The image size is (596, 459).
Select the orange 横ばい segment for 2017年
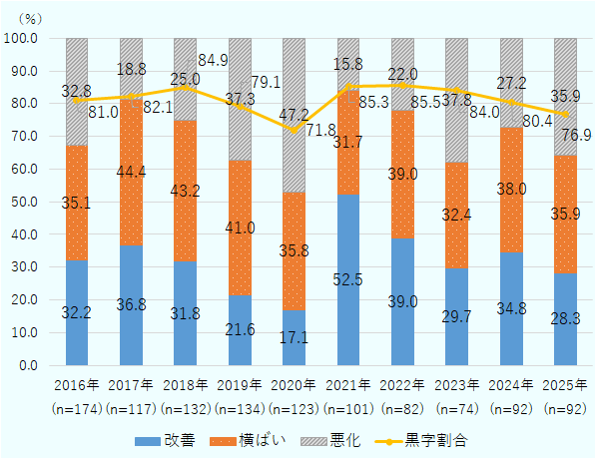pyautogui.click(x=131, y=172)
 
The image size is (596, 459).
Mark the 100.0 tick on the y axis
pyautogui.click(x=21, y=38)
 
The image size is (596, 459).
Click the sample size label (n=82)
pyautogui.click(x=402, y=409)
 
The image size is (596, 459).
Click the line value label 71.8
pyautogui.click(x=319, y=131)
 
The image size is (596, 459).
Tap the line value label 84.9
pyautogui.click(x=214, y=61)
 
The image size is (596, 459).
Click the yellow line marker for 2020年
pyautogui.click(x=295, y=131)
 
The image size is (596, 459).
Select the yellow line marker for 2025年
pyautogui.click(x=565, y=114)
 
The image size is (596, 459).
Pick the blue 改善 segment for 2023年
pyautogui.click(x=457, y=316)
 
